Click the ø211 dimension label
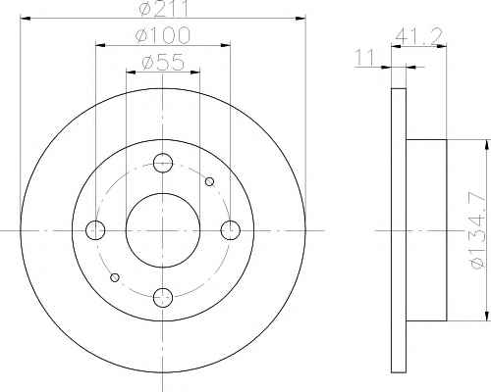(x=163, y=8)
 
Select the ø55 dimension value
(x=163, y=62)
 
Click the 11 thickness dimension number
(x=364, y=58)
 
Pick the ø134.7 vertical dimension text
(x=477, y=230)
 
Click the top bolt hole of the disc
(x=163, y=163)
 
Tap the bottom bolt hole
(x=163, y=298)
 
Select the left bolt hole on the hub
(x=95, y=230)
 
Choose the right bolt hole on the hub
(x=231, y=230)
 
